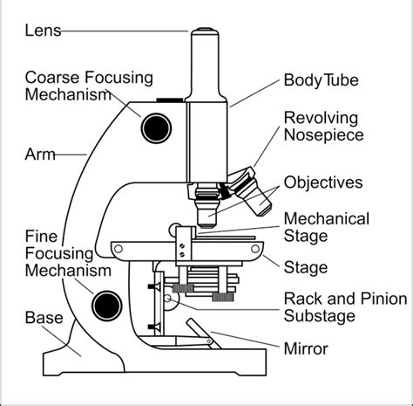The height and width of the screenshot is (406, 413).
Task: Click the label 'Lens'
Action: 43,31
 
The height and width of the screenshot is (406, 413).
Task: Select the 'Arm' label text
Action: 40,155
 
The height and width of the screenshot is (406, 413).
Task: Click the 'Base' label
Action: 44,318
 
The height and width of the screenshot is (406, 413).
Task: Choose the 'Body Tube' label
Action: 322,80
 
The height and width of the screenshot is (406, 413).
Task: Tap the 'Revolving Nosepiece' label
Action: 335,127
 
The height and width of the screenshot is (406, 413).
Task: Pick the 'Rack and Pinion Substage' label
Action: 345,307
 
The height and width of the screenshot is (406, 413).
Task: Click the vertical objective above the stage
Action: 208,210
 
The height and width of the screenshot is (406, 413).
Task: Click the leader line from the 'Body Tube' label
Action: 254,93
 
